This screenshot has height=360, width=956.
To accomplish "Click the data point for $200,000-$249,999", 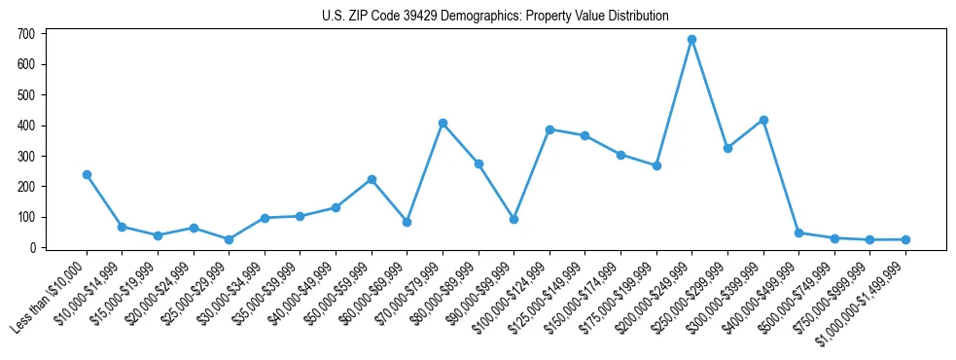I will click(x=691, y=40).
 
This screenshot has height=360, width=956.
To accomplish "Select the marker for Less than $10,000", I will click(x=87, y=175).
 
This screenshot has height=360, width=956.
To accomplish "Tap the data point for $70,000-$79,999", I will click(x=443, y=124).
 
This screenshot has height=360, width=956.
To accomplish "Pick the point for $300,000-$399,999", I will click(x=763, y=121).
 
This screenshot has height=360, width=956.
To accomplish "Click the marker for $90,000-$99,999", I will click(x=513, y=220).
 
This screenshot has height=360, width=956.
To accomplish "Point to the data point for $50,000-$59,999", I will click(x=372, y=180).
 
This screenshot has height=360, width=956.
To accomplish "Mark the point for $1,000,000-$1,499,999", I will click(x=905, y=239).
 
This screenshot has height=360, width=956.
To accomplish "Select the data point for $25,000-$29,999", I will click(x=229, y=239).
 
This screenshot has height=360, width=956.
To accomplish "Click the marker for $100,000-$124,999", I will click(x=549, y=129).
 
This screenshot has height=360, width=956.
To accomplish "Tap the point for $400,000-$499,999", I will click(x=798, y=234).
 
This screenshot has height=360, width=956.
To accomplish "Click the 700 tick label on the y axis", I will click(x=26, y=34).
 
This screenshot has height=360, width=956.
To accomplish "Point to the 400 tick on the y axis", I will click(x=26, y=126).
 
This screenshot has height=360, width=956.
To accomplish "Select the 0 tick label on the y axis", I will click(x=32, y=248).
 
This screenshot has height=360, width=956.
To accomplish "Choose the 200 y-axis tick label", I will click(x=26, y=187).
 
